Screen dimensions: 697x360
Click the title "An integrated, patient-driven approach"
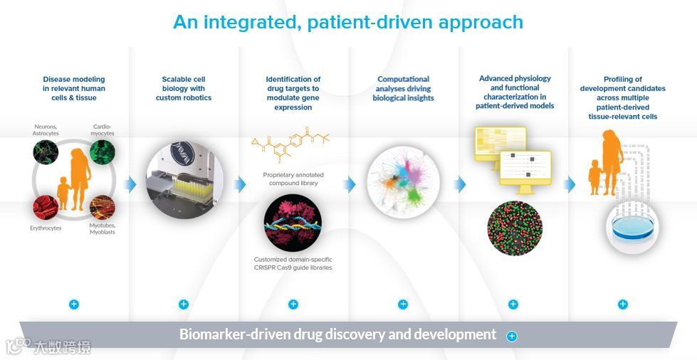(348, 22)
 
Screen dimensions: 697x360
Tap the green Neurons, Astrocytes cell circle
(46, 153)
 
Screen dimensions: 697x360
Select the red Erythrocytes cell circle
(46, 208)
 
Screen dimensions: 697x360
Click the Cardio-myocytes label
(103, 129)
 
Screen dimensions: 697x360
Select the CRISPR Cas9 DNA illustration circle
(293, 223)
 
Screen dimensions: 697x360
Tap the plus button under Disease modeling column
(74, 305)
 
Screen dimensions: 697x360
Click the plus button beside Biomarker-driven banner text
(511, 336)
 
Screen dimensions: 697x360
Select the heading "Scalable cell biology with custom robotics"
(184, 88)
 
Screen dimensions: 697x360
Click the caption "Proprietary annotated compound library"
(293, 179)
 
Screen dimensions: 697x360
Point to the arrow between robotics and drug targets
(239, 185)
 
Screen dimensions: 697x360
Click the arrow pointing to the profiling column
(570, 185)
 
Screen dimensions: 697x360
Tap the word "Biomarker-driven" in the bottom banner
(224, 334)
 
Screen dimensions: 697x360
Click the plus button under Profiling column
(623, 305)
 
